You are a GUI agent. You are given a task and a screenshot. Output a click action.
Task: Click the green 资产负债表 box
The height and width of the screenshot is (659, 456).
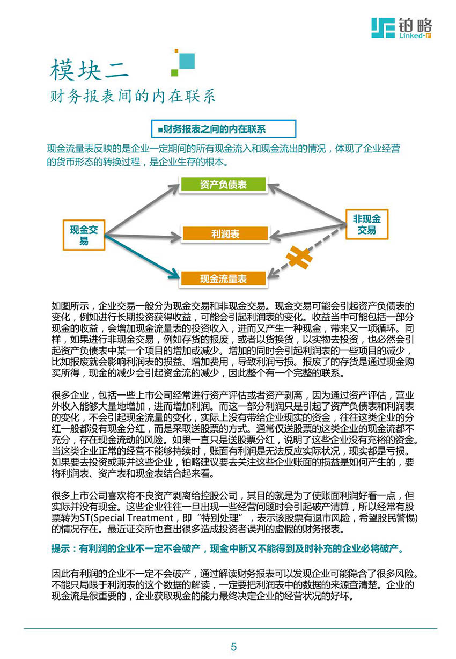(x=223, y=184)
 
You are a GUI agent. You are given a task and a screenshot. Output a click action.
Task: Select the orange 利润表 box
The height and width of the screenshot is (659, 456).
(x=225, y=233)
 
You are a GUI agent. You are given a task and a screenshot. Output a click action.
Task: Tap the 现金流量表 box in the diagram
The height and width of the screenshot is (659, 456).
(x=223, y=279)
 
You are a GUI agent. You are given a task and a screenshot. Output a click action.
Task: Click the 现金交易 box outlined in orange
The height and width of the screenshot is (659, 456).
(x=84, y=235)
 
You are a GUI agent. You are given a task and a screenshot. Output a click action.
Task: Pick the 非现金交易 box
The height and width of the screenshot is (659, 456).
(x=366, y=224)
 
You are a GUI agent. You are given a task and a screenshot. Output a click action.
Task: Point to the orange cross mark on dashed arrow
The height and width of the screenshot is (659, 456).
(x=299, y=258)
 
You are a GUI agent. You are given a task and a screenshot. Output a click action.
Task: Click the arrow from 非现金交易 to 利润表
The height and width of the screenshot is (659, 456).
(x=307, y=230)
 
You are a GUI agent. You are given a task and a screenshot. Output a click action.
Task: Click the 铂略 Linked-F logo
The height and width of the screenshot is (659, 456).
(x=401, y=28)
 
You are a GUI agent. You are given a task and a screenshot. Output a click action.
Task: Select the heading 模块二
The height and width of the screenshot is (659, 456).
(x=90, y=71)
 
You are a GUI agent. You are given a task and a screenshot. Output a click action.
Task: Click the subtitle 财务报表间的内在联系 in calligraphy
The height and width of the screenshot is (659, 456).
(x=133, y=96)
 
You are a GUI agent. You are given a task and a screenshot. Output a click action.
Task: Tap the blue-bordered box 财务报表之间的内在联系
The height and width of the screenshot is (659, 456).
(x=223, y=129)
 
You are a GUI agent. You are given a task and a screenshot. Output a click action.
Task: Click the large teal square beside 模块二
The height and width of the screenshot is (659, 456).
(x=187, y=61)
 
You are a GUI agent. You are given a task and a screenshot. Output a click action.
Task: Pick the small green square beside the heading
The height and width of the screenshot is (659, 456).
(x=174, y=72)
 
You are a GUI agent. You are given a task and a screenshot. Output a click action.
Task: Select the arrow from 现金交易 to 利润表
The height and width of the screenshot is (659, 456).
(x=143, y=236)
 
